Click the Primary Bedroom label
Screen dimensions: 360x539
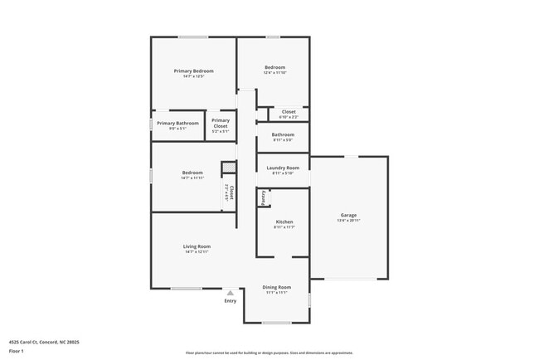pyautogui.click(x=193, y=71)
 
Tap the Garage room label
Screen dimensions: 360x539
pyautogui.click(x=348, y=216)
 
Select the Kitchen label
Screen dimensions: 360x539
pyautogui.click(x=284, y=222)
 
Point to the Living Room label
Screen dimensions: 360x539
pyautogui.click(x=197, y=246)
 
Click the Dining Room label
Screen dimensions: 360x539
pyautogui.click(x=276, y=287)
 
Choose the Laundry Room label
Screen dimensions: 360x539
pyautogui.click(x=283, y=168)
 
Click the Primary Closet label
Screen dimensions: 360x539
pyautogui.click(x=221, y=124)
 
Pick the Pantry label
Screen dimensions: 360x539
pyautogui.click(x=263, y=198)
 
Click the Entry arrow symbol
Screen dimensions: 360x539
pyautogui.click(x=231, y=292)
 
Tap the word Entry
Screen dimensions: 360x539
pyautogui.click(x=231, y=300)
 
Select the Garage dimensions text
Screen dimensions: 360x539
pyautogui.click(x=348, y=221)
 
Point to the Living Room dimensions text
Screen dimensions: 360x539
pyautogui.click(x=197, y=251)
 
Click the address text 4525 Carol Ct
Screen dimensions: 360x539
pyautogui.click(x=44, y=342)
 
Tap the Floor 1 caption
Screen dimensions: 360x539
pyautogui.click(x=17, y=351)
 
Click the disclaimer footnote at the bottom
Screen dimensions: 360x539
pyautogui.click(x=269, y=353)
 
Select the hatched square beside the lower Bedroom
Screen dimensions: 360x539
pyautogui.click(x=227, y=168)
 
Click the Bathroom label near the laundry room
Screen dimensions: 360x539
pyautogui.click(x=283, y=134)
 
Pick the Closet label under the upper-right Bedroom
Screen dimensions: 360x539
pyautogui.click(x=289, y=111)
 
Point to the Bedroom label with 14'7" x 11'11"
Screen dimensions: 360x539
pyautogui.click(x=192, y=173)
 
